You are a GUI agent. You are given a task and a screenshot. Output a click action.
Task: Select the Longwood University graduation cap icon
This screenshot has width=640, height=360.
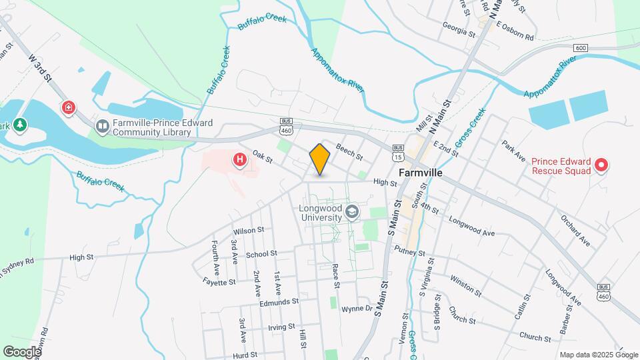[x=352, y=213]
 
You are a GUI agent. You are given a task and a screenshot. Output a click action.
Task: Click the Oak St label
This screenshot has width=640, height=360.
[x=263, y=159]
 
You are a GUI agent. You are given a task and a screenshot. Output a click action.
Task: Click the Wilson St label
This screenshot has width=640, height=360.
[x=249, y=230]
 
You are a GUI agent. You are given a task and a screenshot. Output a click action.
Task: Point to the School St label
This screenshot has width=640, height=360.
[x=261, y=254]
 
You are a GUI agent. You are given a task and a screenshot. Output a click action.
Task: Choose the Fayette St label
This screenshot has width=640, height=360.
[x=220, y=282]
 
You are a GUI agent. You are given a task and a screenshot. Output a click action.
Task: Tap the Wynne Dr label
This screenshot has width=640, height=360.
[x=357, y=309]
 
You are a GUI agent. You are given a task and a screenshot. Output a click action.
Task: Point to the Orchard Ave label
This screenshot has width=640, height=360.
[x=575, y=230]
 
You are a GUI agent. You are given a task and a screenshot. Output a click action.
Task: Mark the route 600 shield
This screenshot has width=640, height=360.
[x=581, y=48]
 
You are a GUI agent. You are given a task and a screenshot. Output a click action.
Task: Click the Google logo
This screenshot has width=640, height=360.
[x=22, y=351]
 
